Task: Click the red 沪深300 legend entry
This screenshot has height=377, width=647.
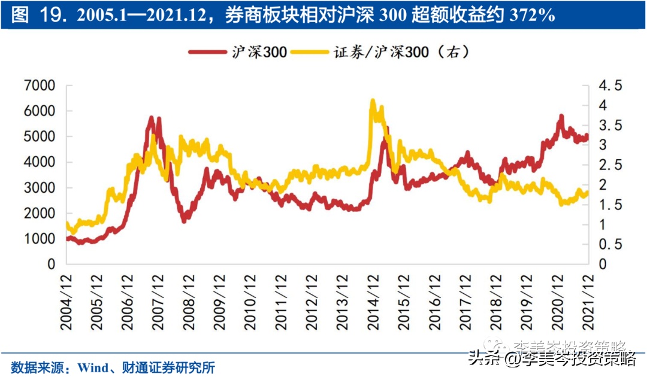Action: [x=237, y=52]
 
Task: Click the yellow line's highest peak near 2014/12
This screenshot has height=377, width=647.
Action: [x=373, y=101]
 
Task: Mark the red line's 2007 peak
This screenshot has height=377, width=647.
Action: [x=152, y=117]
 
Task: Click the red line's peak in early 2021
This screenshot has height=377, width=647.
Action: [x=561, y=115]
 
